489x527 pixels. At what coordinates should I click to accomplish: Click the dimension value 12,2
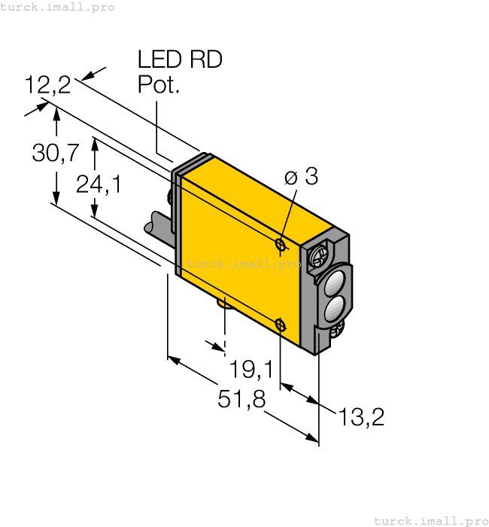point(47,85)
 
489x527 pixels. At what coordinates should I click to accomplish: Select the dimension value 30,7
point(56,154)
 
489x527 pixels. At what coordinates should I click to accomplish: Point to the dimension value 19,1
point(251,369)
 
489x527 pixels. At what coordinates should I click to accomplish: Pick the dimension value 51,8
point(241,400)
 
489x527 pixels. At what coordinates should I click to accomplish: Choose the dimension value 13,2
point(361,417)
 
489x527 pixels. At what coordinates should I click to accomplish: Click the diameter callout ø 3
point(301,177)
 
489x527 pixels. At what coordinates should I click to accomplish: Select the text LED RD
point(180,60)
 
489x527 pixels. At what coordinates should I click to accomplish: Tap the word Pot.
point(159,85)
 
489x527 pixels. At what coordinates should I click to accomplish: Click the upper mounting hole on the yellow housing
point(281,245)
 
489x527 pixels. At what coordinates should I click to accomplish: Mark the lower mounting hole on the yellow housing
point(281,325)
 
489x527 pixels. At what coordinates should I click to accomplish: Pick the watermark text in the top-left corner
point(57,7)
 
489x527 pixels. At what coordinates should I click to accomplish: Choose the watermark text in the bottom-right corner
point(430,520)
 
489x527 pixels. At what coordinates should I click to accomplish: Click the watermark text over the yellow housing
point(243,263)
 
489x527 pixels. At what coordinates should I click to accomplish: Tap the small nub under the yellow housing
point(223,303)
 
